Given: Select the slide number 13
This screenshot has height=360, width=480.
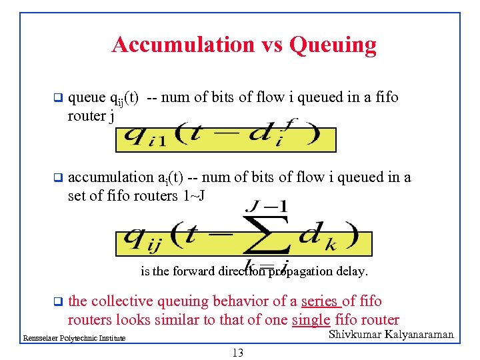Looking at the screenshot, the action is pyautogui.click(x=237, y=353).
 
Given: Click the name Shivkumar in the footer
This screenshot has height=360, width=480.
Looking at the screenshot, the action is pyautogui.click(x=358, y=334).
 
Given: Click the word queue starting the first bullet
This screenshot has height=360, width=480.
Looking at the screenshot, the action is pyautogui.click(x=87, y=98).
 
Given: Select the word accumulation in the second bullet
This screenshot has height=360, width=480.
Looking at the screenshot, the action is pyautogui.click(x=111, y=177).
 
